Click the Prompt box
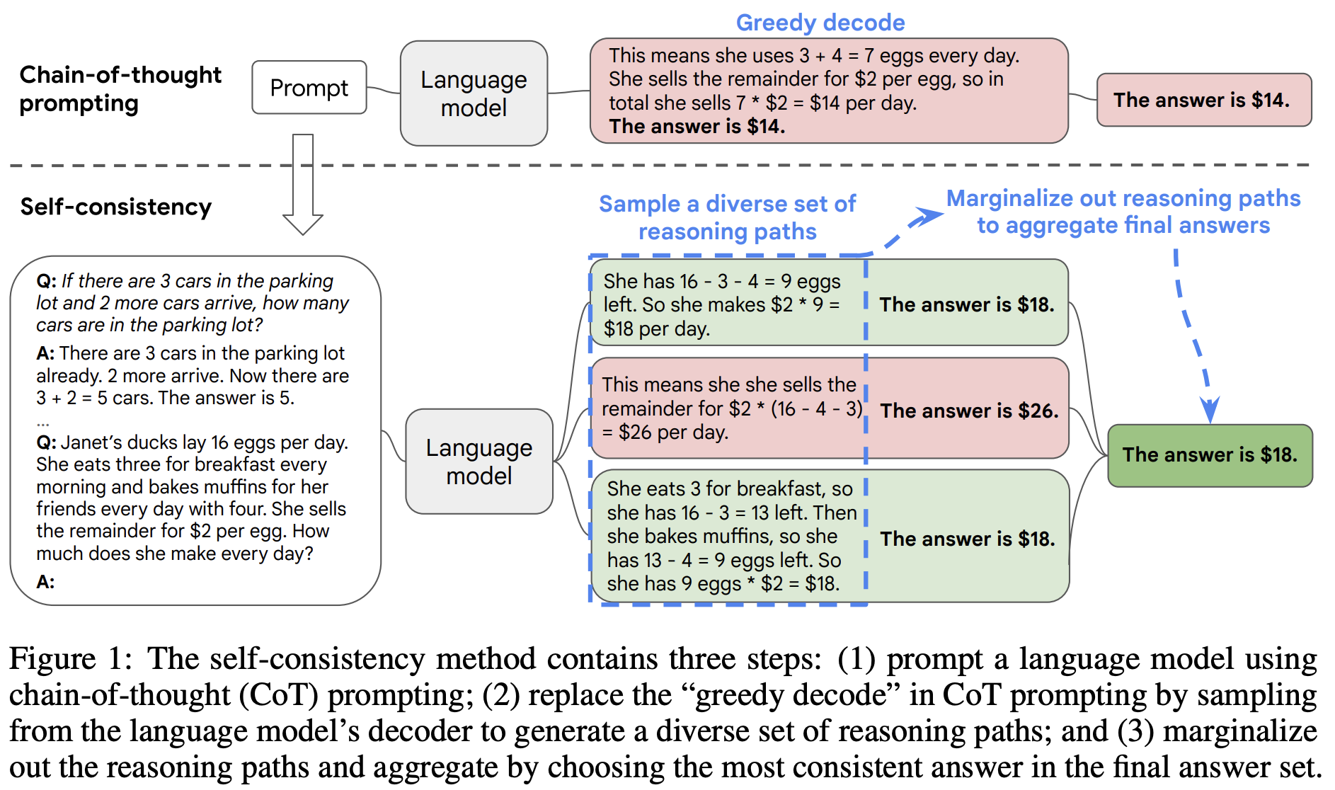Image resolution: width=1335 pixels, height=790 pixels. coord(309,88)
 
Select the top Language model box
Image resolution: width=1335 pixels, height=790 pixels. coord(474,93)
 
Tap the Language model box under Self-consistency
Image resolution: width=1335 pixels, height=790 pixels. coord(479,462)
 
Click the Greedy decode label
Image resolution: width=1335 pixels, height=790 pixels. coord(820,23)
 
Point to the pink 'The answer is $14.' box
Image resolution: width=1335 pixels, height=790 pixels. coord(1203,100)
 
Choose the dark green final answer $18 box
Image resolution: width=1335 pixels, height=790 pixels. coord(1210,455)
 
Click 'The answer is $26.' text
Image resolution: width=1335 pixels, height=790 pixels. coord(969,411)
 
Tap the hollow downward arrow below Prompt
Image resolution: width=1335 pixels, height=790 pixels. coord(303,184)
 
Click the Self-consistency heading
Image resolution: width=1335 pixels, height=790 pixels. coord(116,207)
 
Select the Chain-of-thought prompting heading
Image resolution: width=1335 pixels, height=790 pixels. coord(120,89)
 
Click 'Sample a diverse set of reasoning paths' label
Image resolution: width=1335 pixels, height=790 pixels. coord(727,217)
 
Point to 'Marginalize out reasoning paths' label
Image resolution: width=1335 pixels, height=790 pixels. coord(1123,199)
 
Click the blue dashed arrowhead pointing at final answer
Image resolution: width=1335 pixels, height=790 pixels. coord(1210,411)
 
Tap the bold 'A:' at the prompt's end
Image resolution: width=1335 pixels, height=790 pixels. coord(45,582)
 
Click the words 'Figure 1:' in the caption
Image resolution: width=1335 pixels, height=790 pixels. coord(71,659)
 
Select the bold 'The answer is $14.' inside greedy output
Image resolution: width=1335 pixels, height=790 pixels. coord(697,127)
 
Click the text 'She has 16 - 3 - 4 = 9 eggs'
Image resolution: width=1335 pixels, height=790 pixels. coord(722,282)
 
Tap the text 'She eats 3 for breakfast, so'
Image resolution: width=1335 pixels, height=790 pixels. coord(730,489)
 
